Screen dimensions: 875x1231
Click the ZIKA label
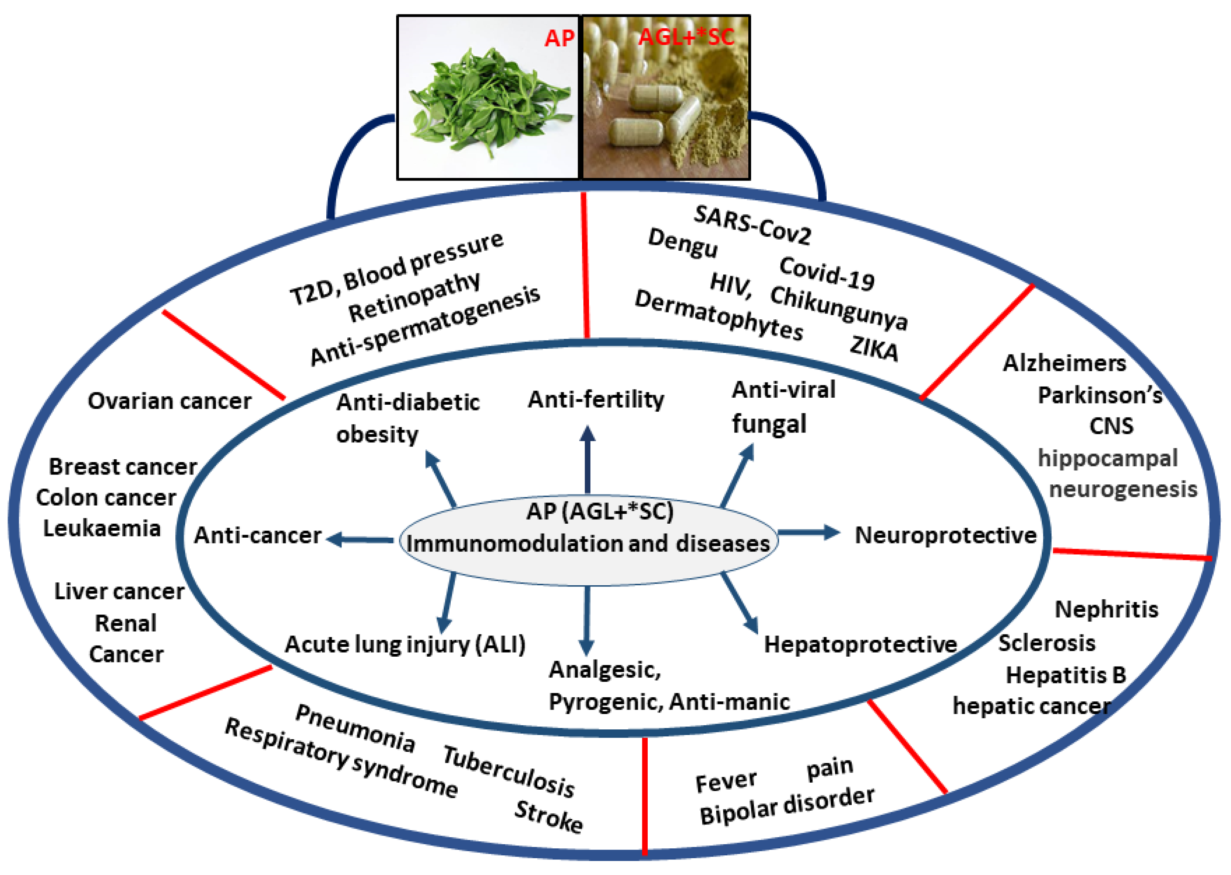pyautogui.click(x=874, y=348)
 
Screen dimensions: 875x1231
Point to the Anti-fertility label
pyautogui.click(x=596, y=400)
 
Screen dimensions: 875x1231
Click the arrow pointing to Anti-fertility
pyautogui.click(x=587, y=458)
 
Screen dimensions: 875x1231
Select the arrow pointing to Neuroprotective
pyautogui.click(x=808, y=533)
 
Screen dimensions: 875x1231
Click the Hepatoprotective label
pyautogui.click(x=860, y=644)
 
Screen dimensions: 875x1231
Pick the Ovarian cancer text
pyautogui.click(x=170, y=401)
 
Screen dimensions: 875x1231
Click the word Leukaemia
pyautogui.click(x=102, y=529)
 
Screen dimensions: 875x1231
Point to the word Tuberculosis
pyautogui.click(x=509, y=772)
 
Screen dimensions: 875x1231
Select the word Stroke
pyautogui.click(x=548, y=817)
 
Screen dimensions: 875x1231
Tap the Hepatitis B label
pyautogui.click(x=1066, y=675)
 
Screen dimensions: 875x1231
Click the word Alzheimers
pyautogui.click(x=1064, y=364)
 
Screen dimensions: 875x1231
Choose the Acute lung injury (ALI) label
pyautogui.click(x=405, y=644)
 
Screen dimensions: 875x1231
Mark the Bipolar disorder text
pyautogui.click(x=786, y=806)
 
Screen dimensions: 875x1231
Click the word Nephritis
pyautogui.click(x=1107, y=610)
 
